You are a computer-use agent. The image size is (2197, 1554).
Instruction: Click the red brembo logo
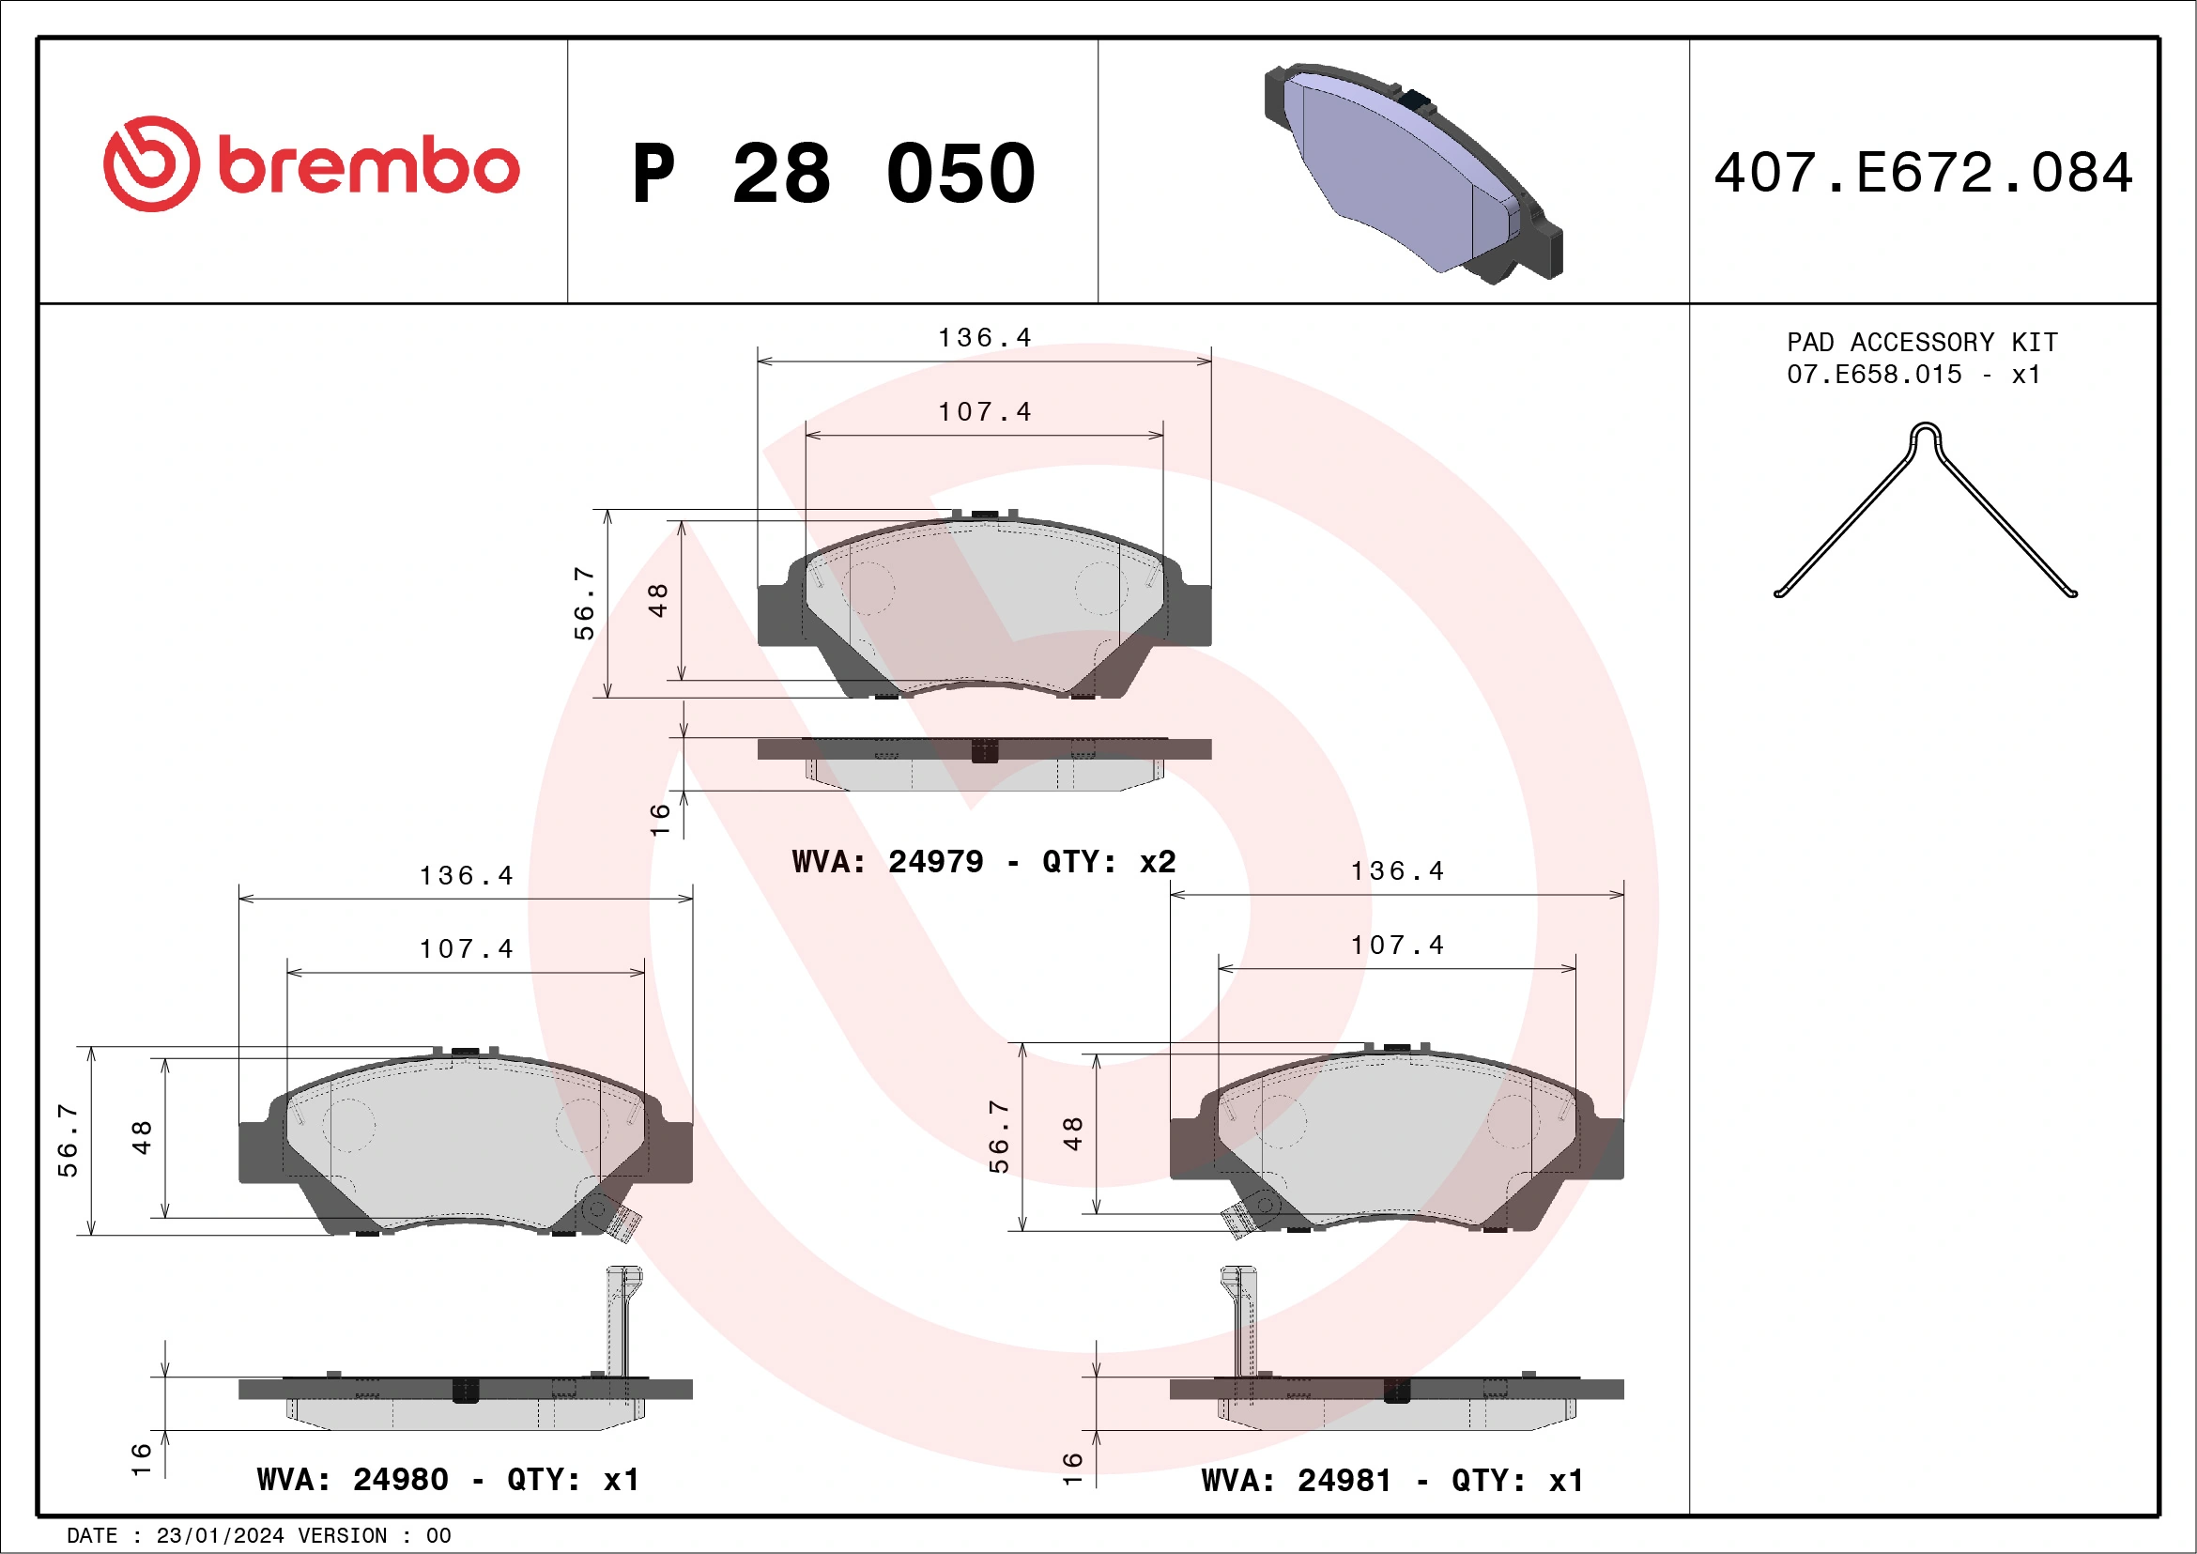pos(311,165)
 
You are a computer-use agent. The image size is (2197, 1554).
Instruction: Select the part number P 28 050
pos(834,174)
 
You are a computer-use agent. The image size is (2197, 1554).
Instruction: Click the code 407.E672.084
pos(1924,173)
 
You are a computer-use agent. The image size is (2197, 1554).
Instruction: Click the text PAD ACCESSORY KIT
pos(1921,342)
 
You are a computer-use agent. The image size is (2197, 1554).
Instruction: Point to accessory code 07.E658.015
pos(1874,374)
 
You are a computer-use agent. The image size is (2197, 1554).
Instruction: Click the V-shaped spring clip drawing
pos(1925,512)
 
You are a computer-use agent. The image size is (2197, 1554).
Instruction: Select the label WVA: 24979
pos(887,861)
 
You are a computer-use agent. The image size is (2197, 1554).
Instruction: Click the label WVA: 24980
pos(352,1480)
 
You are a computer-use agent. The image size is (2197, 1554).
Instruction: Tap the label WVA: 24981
pos(1296,1481)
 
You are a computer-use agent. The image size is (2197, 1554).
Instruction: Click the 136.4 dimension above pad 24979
pos(984,338)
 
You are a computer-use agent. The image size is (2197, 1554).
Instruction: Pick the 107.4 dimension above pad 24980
pos(466,948)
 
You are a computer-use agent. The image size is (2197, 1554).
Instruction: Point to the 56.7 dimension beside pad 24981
pos(998,1136)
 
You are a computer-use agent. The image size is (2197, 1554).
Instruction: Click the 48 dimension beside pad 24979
pos(657,600)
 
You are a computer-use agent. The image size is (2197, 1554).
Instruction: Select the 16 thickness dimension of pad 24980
pos(141,1458)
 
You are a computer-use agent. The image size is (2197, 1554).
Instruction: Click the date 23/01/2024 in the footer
pos(219,1536)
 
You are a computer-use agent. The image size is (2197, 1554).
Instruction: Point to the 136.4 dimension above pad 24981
pos(1396,870)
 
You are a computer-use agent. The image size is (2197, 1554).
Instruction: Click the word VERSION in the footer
pos(342,1536)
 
